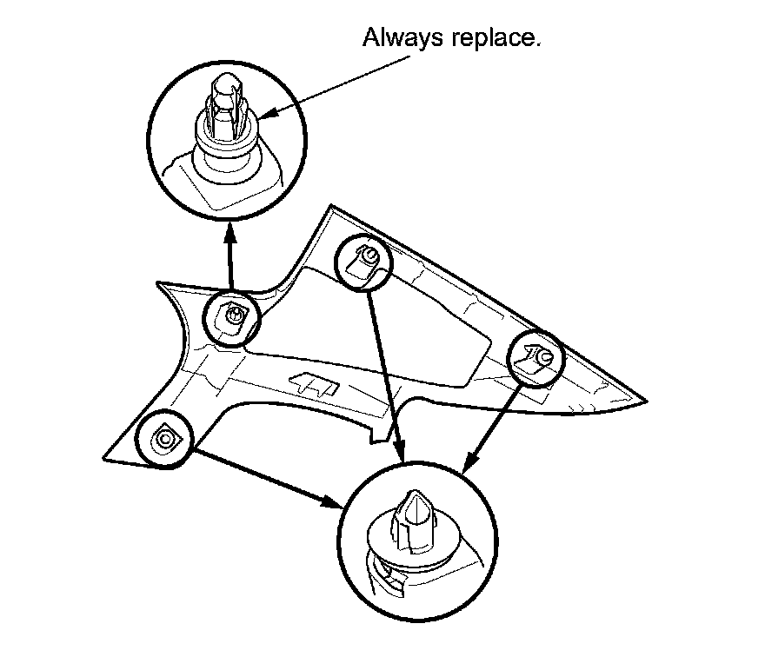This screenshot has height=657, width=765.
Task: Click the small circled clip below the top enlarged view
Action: tap(232, 318)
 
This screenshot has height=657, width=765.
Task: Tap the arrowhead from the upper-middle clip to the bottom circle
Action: tap(401, 454)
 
